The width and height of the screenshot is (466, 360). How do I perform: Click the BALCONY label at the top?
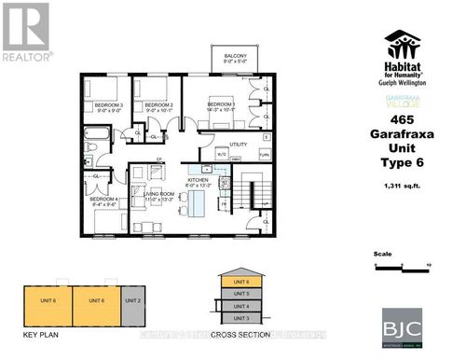point(235,57)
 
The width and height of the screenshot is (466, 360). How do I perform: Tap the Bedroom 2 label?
point(159,106)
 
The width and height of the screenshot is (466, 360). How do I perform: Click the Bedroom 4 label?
point(103,200)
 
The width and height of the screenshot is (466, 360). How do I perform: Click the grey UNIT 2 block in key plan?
point(132,300)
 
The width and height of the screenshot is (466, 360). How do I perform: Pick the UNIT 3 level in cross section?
point(240,319)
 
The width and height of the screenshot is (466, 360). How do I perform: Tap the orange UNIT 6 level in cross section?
point(240,282)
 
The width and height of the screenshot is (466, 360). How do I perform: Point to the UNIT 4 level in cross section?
point(240,306)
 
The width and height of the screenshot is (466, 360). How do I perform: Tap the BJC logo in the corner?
point(402,327)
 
